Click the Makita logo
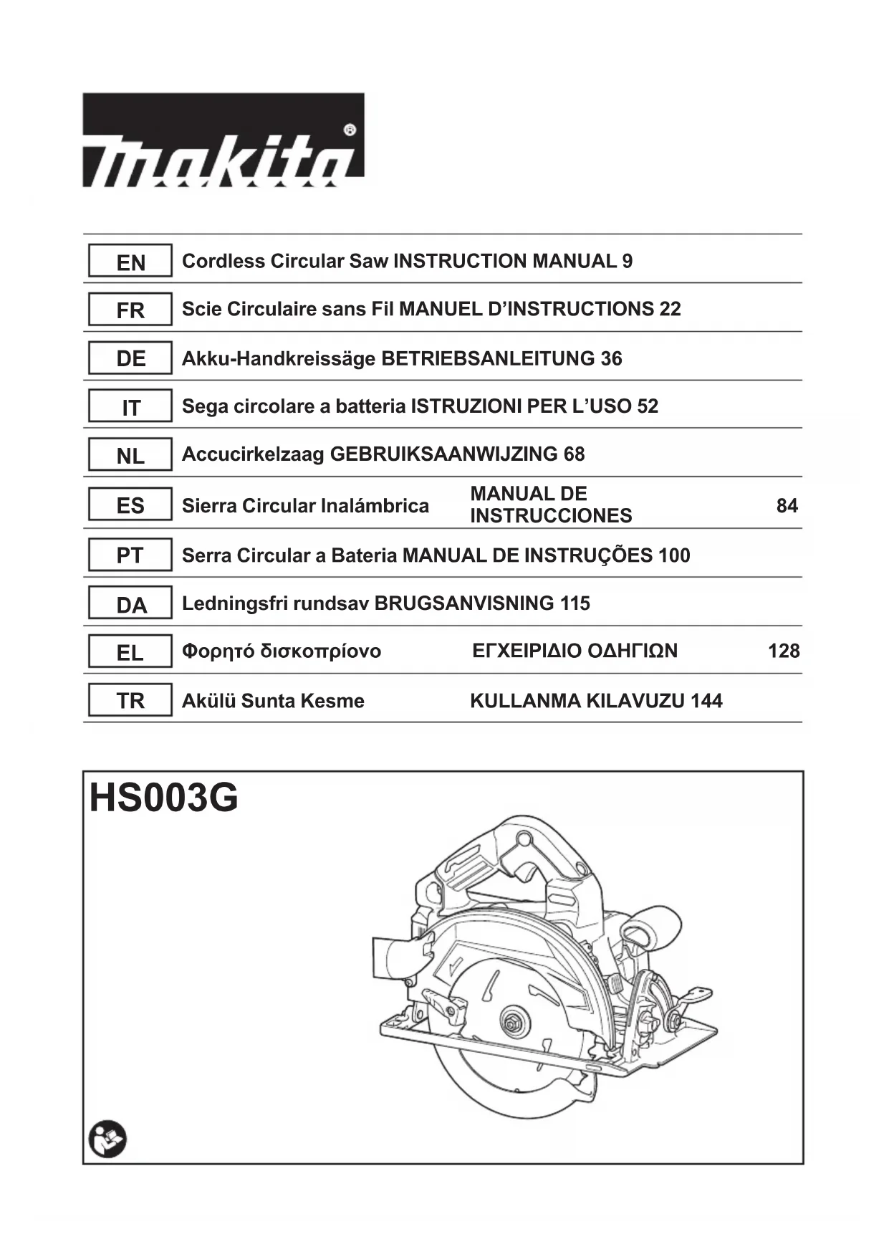pos(223,140)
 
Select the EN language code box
pos(130,262)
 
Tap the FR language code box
pos(130,310)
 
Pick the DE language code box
pos(130,358)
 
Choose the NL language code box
pos(130,455)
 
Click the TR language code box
pos(130,700)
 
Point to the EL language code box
pos(130,652)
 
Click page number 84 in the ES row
pos(787,506)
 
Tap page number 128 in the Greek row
pos(784,651)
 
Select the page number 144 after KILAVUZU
pos(706,700)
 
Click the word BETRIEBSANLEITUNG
pos(489,358)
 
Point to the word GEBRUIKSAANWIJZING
pos(443,454)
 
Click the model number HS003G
pos(164,798)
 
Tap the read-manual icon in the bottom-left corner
pos(107,1141)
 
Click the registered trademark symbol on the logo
pos(350,130)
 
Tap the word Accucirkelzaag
pos(253,454)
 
